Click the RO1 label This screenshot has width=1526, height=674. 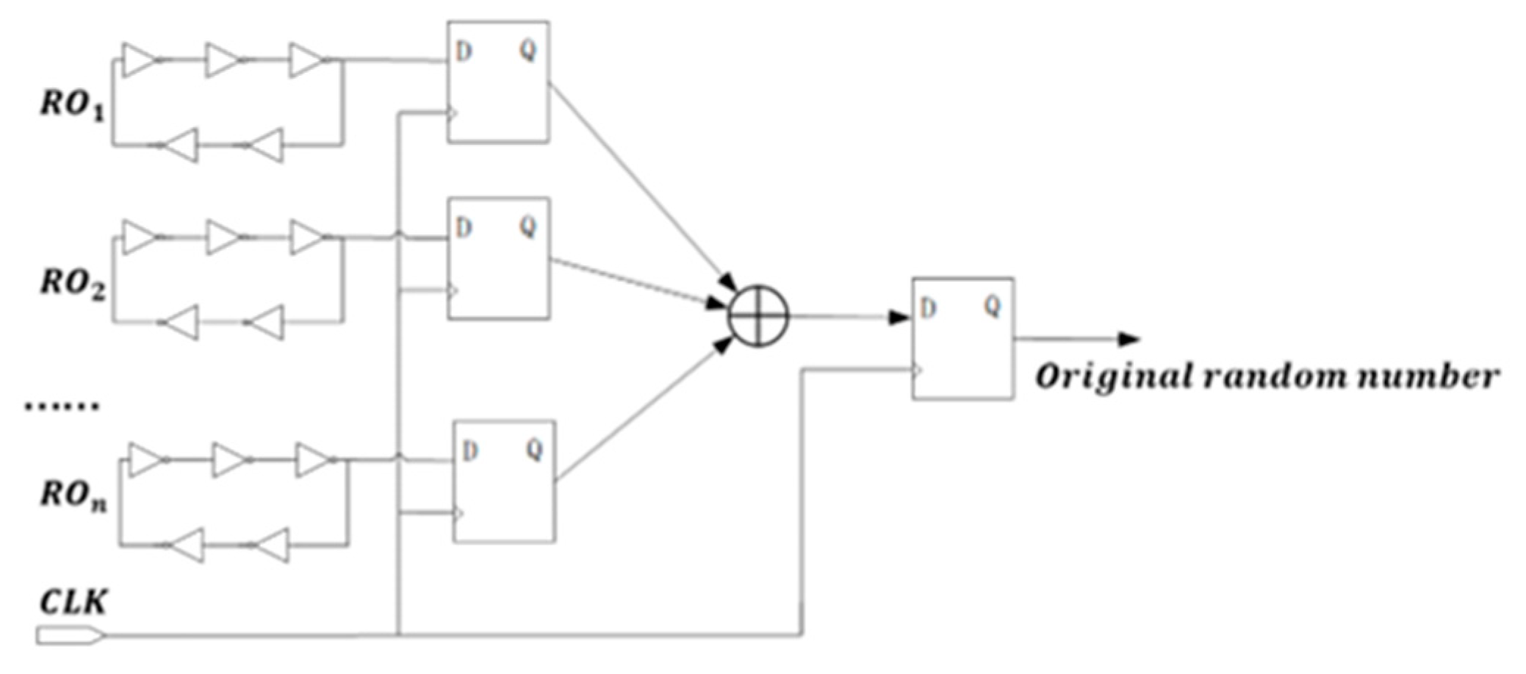click(72, 106)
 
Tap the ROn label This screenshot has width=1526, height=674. click(72, 496)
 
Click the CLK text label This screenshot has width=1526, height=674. click(72, 603)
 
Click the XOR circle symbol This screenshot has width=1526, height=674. click(758, 317)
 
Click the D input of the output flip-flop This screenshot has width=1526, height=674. click(928, 309)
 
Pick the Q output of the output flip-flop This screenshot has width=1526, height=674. click(993, 306)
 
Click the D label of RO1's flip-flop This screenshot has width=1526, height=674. click(464, 52)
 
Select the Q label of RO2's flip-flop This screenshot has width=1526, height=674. click(528, 228)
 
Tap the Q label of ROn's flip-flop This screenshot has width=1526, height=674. click(534, 449)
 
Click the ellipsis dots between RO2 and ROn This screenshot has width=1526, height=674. click(62, 406)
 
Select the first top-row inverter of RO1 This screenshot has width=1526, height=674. click(139, 60)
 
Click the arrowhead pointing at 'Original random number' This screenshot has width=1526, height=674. click(1129, 340)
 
